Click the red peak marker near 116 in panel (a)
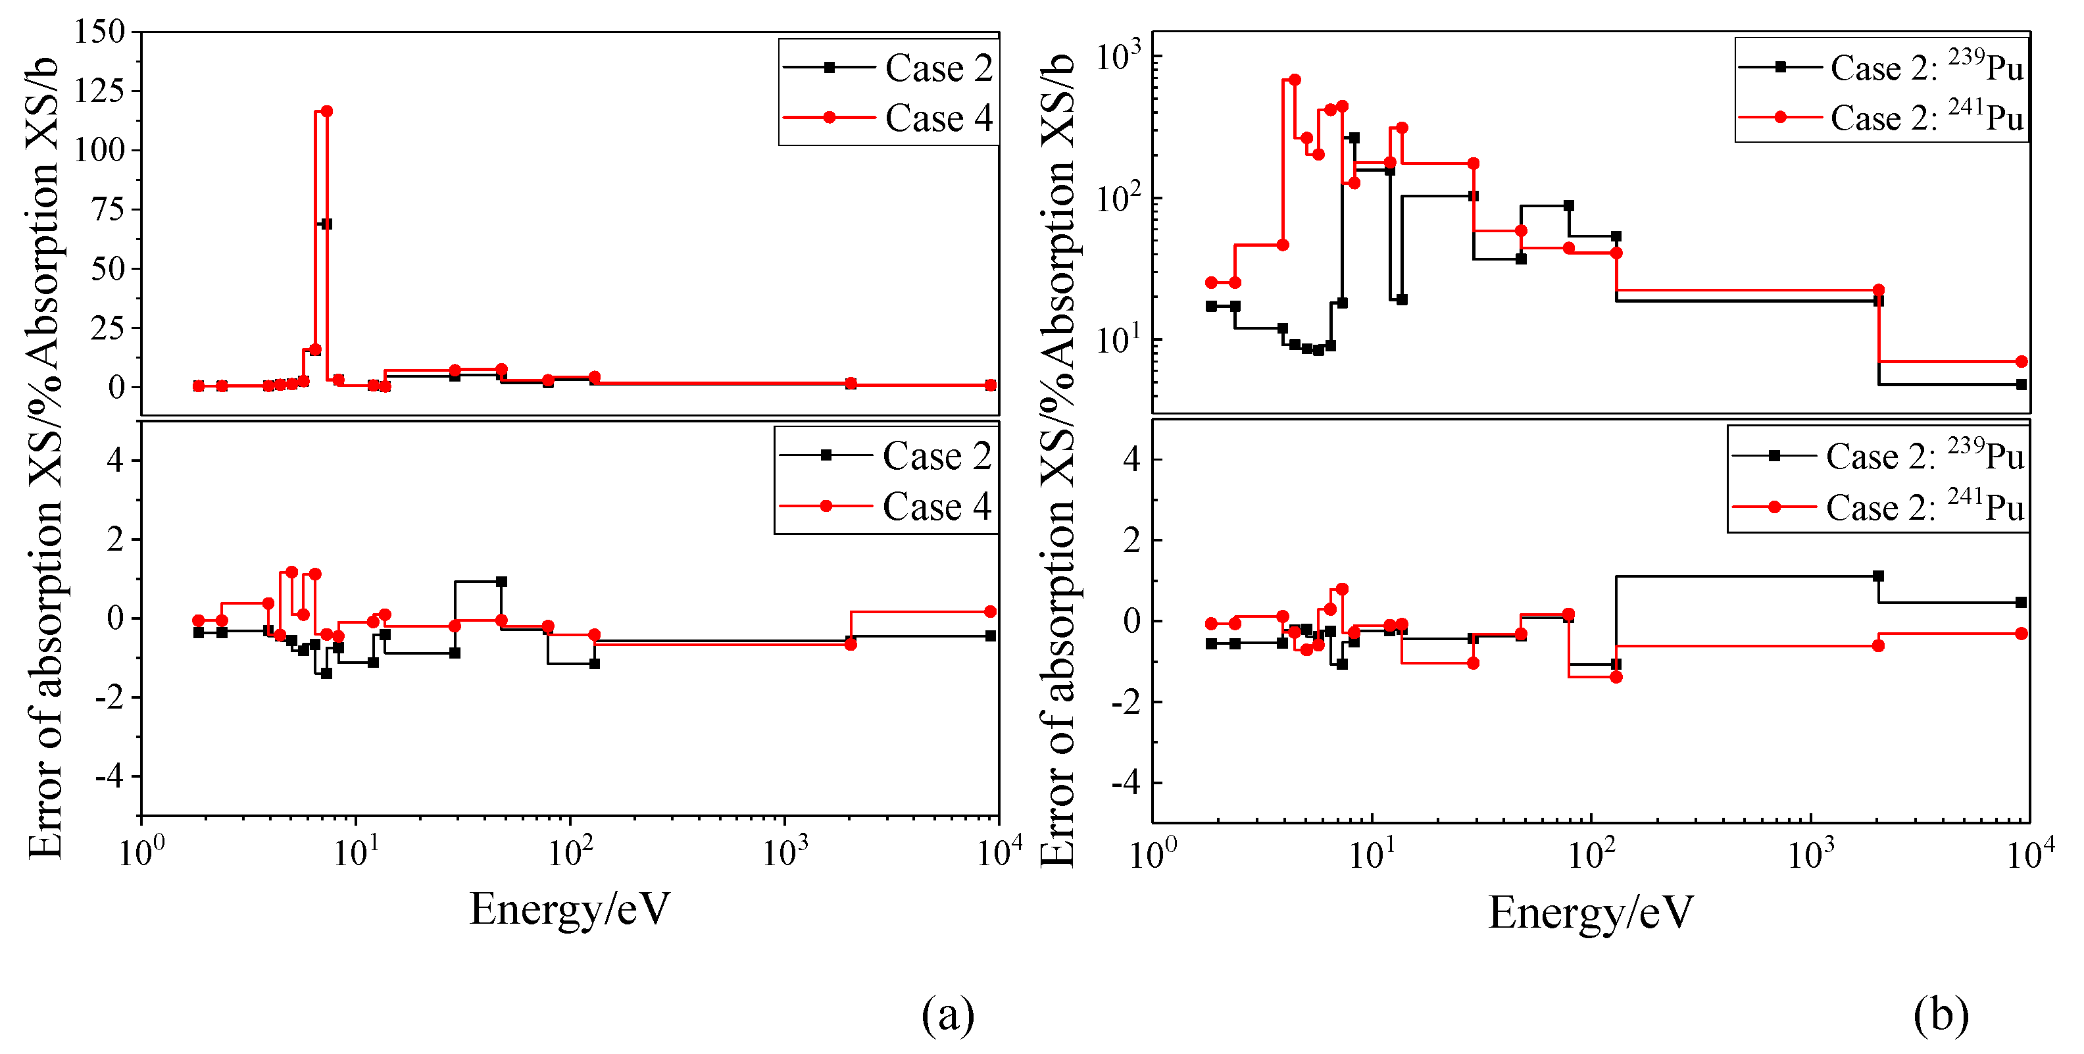327,111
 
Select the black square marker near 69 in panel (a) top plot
326,224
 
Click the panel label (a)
947,1015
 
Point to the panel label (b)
1941,1015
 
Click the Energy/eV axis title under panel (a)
570,909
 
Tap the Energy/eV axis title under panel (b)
1591,913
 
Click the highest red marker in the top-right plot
1295,79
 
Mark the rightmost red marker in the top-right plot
2021,362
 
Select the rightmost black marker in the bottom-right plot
2021,603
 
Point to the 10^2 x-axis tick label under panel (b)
1591,853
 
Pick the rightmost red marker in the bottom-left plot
990,611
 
